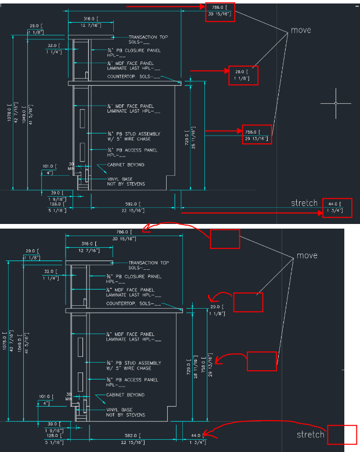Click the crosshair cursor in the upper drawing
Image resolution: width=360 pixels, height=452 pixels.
tap(336, 103)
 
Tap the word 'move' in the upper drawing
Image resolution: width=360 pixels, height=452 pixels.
tap(301, 30)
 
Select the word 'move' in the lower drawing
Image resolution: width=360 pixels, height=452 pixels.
tap(307, 255)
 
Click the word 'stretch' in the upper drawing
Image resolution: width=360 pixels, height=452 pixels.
tap(305, 203)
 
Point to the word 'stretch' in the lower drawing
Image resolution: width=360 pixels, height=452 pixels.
tap(311, 435)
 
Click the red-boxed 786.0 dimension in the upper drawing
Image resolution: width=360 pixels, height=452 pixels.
tap(220, 12)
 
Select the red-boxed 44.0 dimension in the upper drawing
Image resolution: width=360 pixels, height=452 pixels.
tap(337, 207)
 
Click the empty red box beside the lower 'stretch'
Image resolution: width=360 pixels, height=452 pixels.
tap(341, 435)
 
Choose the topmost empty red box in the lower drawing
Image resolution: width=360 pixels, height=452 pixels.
tap(225, 238)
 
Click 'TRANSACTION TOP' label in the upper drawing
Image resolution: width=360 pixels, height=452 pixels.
tap(148, 37)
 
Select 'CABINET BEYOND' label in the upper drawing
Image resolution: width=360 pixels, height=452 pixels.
tap(125, 165)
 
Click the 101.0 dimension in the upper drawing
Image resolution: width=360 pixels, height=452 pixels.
tap(48, 167)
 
